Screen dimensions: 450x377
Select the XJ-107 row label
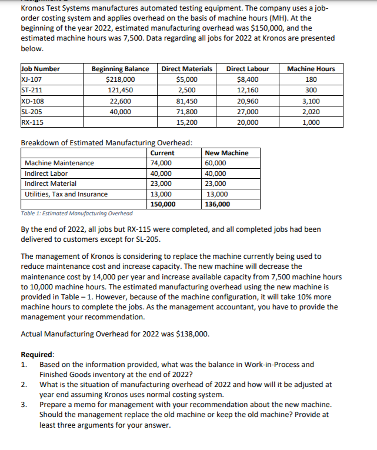29,79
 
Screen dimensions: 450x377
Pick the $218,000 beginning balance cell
120,79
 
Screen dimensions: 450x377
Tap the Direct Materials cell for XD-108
186,101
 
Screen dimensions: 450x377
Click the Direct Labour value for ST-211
246,91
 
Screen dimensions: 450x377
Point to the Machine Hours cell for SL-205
311,112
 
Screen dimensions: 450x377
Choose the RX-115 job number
30,122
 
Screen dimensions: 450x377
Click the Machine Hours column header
311,69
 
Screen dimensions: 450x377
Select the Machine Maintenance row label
59,163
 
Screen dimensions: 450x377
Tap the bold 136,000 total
217,204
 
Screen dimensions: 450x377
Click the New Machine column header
226,153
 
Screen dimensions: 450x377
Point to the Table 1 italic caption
76,213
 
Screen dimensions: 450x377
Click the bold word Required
37,355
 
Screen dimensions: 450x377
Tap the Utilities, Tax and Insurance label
66,194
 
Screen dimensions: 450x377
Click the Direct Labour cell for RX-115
246,122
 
